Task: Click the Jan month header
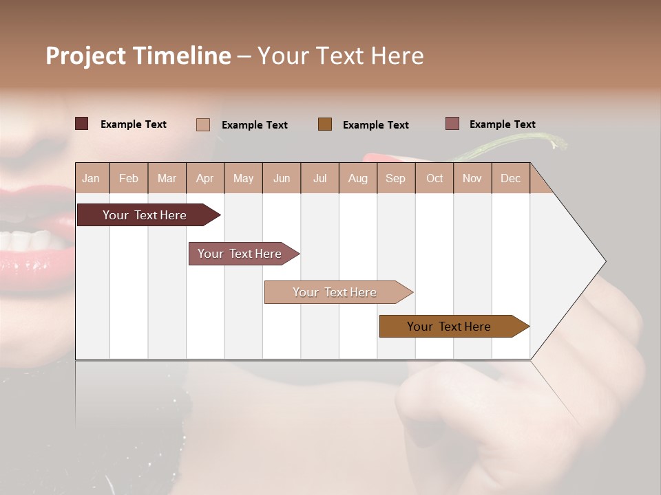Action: tap(91, 179)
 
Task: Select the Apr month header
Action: tap(204, 179)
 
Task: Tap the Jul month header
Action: tap(319, 179)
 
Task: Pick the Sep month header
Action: tap(395, 179)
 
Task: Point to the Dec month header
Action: tap(510, 179)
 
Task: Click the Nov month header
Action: tap(472, 179)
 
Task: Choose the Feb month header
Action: tap(129, 179)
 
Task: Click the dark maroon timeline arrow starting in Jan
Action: tap(145, 215)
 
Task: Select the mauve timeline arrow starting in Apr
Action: tap(240, 254)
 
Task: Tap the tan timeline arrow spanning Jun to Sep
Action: tap(335, 292)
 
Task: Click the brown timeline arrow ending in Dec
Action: tap(449, 327)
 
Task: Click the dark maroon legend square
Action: tap(81, 124)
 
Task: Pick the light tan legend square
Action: tap(202, 124)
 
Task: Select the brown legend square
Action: tap(325, 124)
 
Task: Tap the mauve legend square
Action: tap(452, 124)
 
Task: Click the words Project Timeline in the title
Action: tap(138, 56)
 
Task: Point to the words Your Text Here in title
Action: tap(340, 56)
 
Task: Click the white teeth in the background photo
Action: tap(28, 241)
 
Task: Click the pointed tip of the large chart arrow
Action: tap(604, 261)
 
